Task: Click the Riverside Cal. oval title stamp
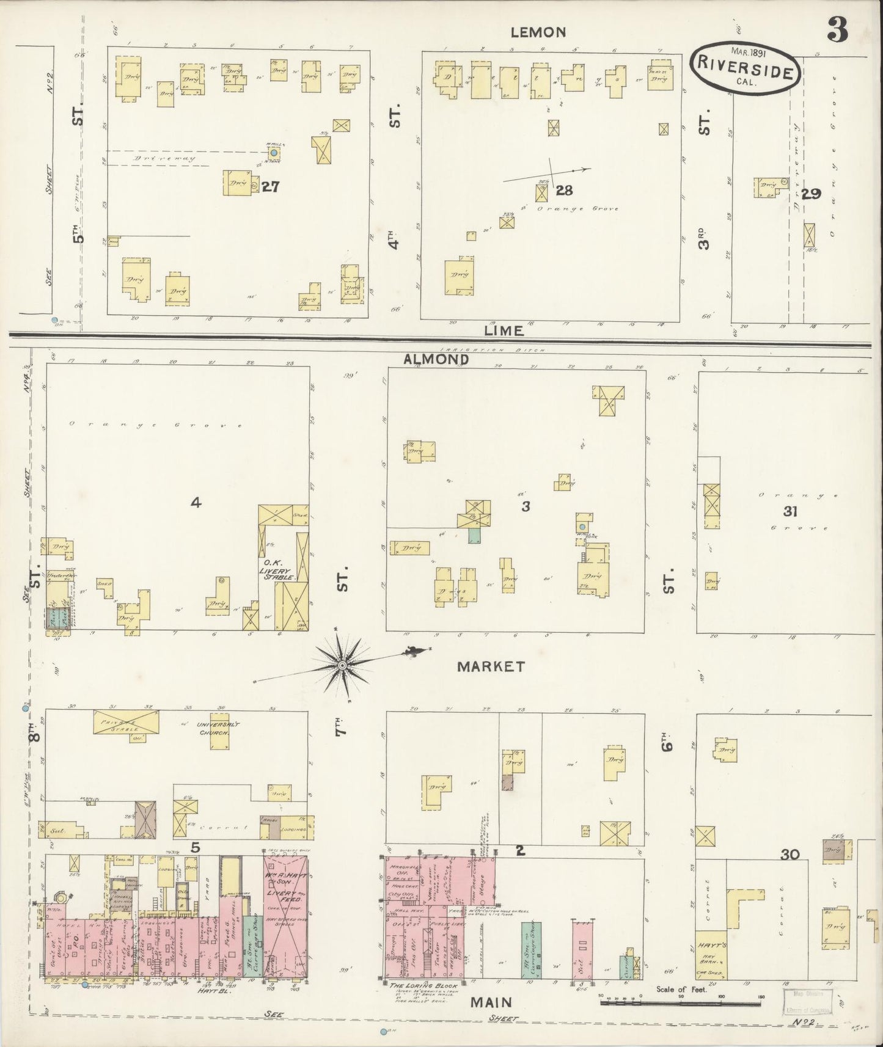[x=745, y=68]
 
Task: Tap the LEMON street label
[x=538, y=32]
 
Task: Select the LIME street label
[x=504, y=330]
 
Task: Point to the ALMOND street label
[x=436, y=360]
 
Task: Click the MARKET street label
[x=491, y=666]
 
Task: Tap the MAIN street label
[x=490, y=1002]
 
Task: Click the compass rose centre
[x=342, y=664]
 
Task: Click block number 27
[x=270, y=187]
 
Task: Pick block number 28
[x=563, y=191]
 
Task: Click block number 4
[x=195, y=503]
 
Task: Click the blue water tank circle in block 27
[x=274, y=153]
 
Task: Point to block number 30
[x=790, y=855]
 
